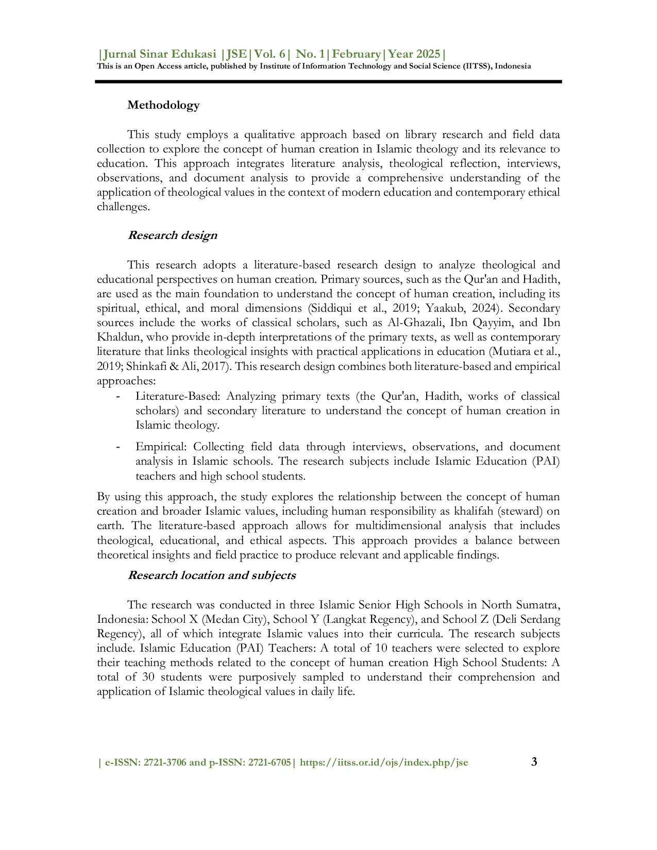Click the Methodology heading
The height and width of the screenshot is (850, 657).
[x=163, y=105]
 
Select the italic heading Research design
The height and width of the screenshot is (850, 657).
[x=172, y=235]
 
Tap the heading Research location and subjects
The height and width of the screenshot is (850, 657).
[x=211, y=575]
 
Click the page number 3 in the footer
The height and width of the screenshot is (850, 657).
[x=534, y=762]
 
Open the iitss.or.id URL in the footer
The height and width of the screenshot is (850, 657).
[x=384, y=763]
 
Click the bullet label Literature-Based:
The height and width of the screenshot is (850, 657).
[x=178, y=397]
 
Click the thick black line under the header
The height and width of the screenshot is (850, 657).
[x=328, y=81]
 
